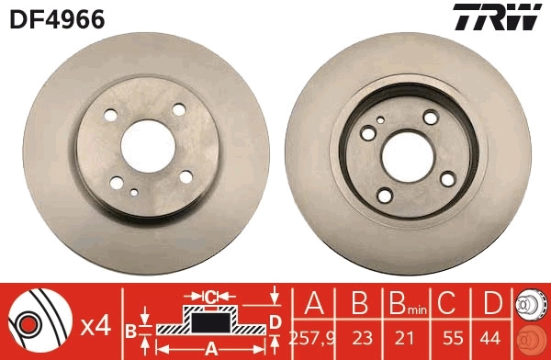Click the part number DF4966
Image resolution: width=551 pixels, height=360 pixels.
56,17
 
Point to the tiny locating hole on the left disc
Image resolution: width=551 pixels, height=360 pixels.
135,192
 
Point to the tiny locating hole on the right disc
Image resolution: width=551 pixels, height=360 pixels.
380,119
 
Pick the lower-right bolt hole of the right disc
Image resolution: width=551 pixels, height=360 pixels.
448,180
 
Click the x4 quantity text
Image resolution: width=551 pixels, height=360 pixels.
96,326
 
